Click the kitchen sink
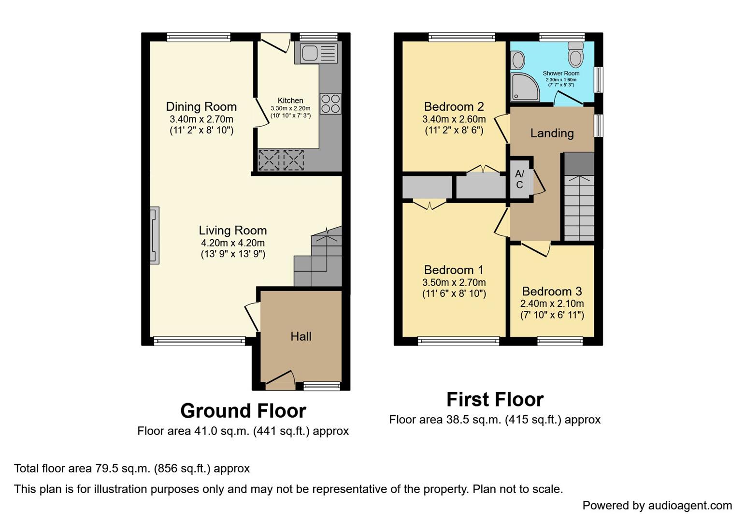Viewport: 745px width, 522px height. [x=318, y=53]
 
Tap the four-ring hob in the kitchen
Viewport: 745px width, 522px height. [x=330, y=103]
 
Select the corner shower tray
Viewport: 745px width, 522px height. [x=524, y=87]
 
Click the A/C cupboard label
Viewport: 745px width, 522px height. [x=519, y=179]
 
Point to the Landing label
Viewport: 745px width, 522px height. [x=552, y=133]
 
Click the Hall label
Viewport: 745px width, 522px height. [x=301, y=336]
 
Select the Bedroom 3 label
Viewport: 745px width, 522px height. [x=552, y=291]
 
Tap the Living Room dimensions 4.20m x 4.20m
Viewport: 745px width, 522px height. [x=233, y=243]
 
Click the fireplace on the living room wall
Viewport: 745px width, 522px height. [x=154, y=235]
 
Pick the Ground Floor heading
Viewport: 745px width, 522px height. [x=243, y=411]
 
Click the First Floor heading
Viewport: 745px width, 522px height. [x=495, y=400]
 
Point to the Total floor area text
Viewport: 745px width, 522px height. [x=132, y=468]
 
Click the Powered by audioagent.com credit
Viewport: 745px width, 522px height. [x=657, y=506]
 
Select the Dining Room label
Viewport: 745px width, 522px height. [x=201, y=107]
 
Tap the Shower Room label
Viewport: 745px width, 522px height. [x=561, y=73]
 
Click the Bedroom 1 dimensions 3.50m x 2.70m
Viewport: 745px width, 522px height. [x=454, y=282]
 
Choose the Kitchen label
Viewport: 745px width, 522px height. [x=290, y=101]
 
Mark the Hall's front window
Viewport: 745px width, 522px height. [x=322, y=385]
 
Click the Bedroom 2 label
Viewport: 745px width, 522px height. [x=454, y=107]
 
